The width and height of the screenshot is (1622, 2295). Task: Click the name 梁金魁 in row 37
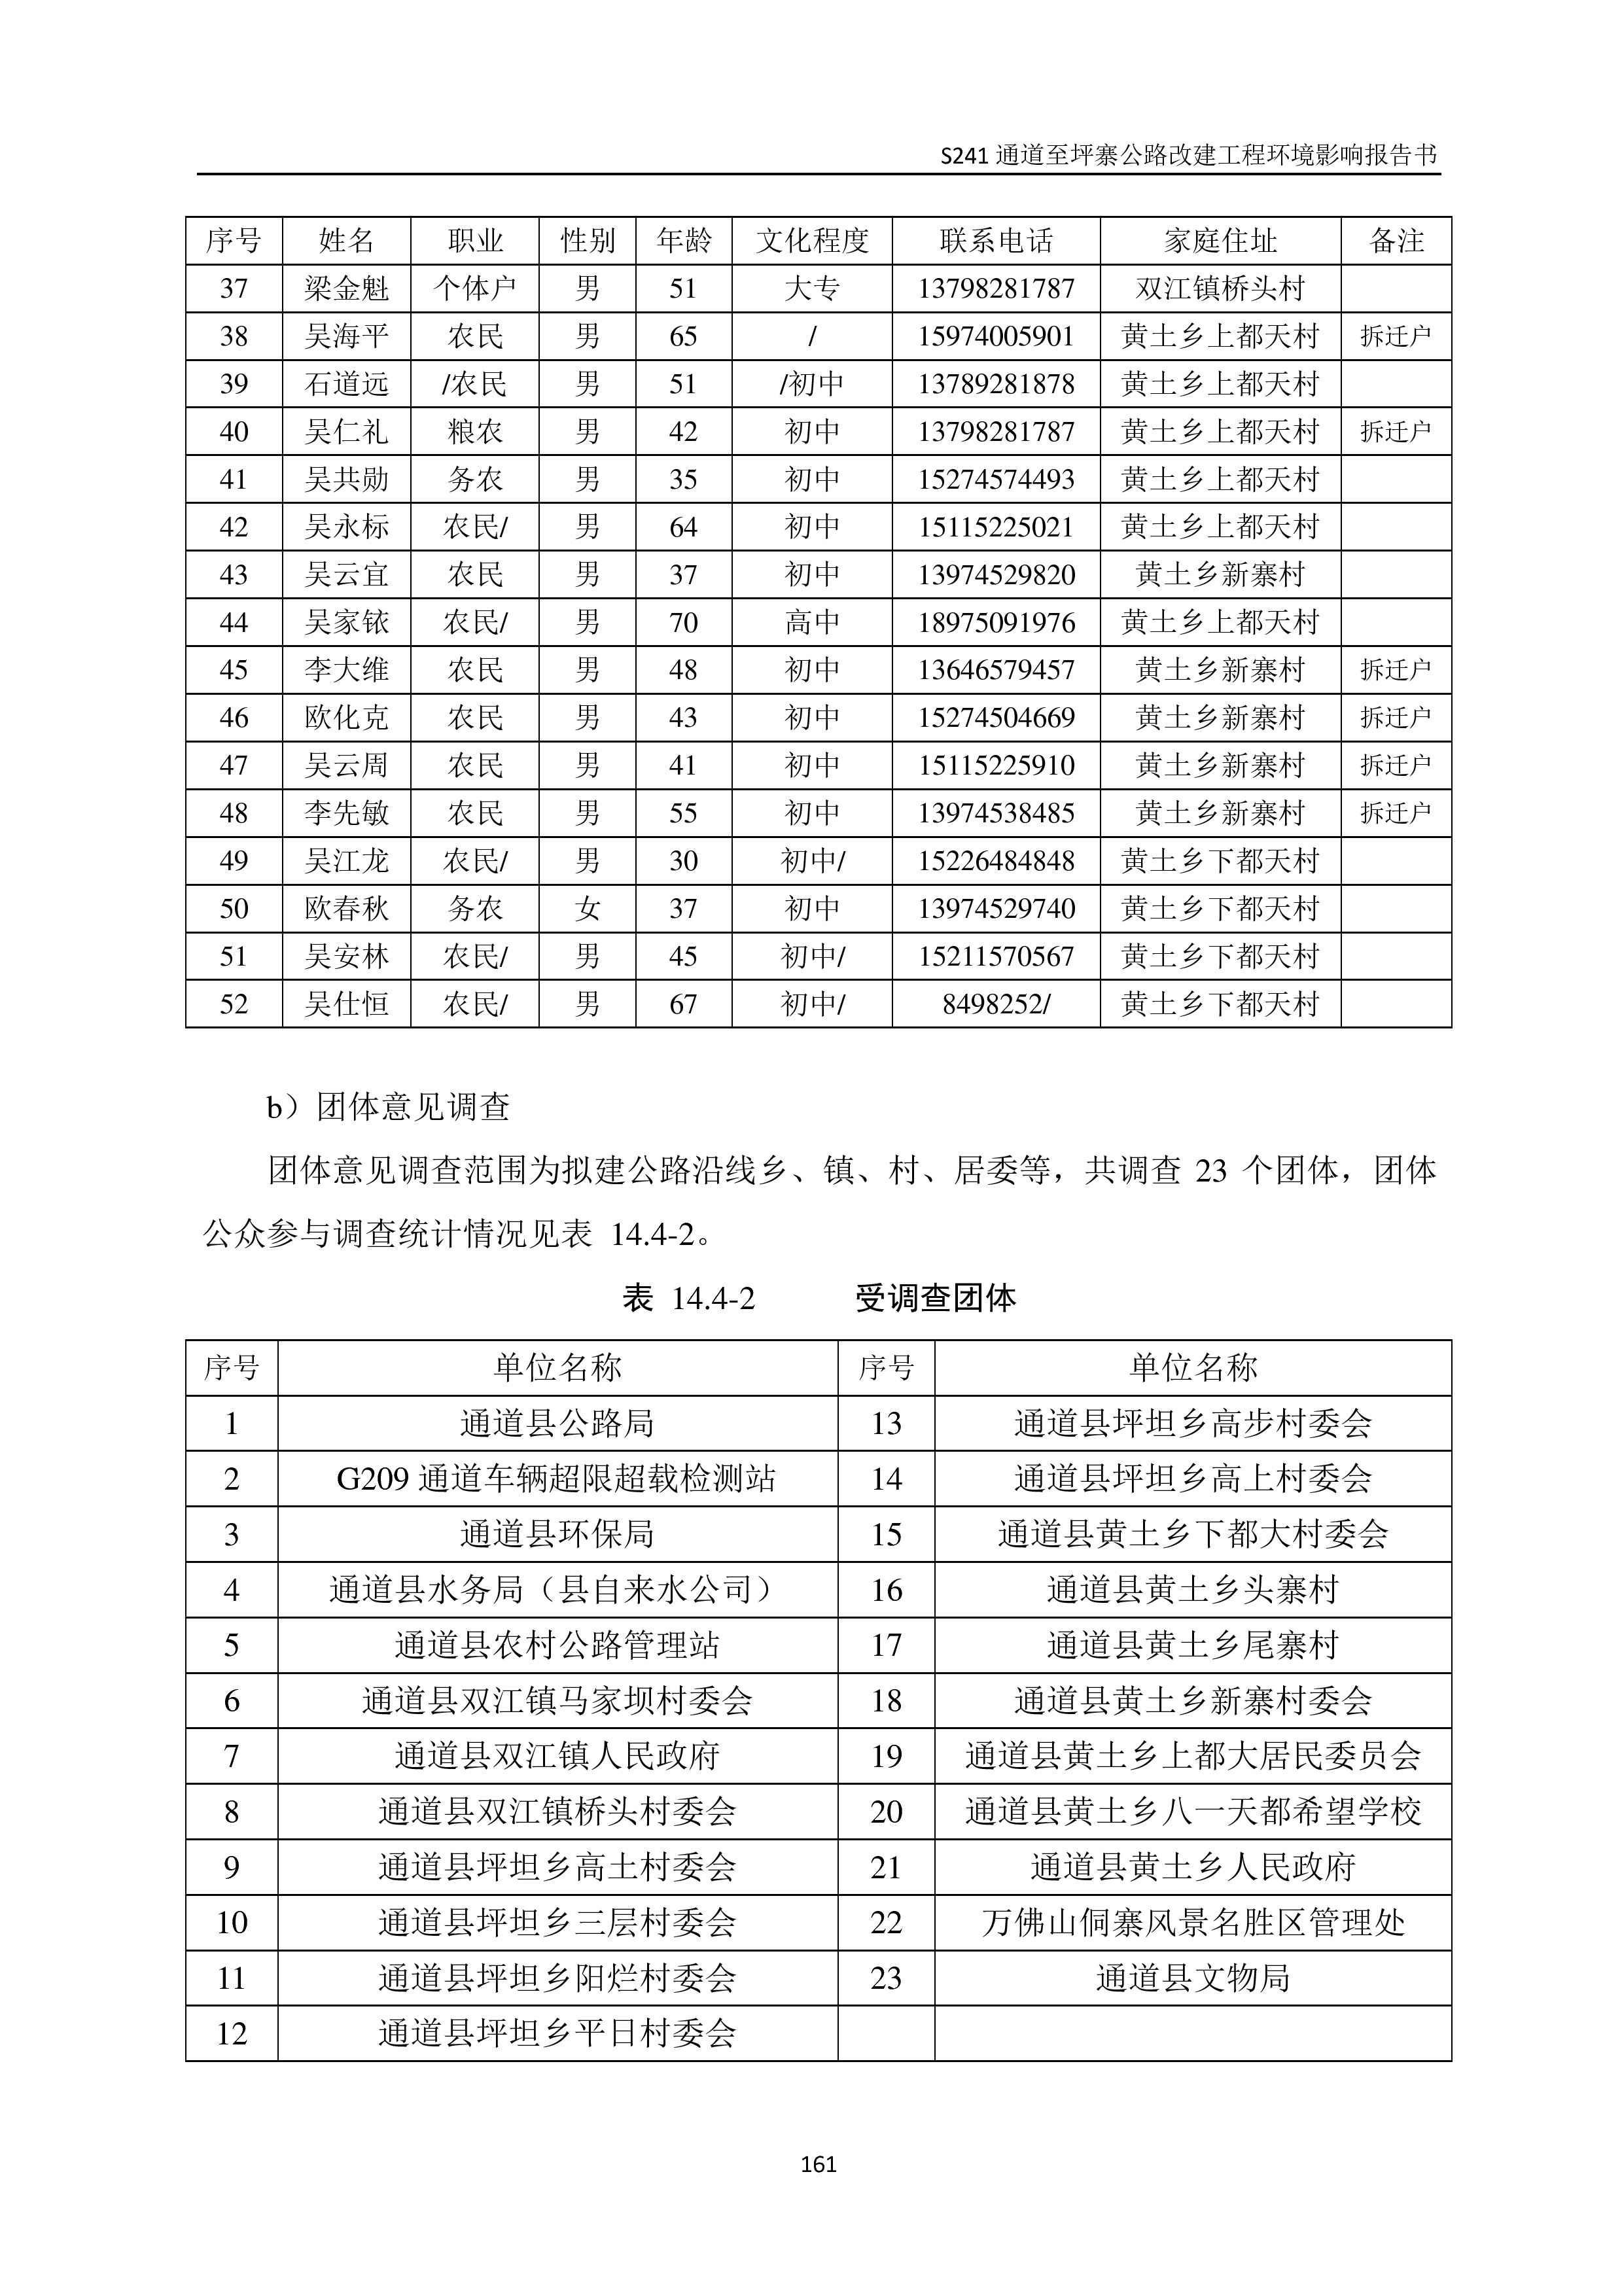click(x=345, y=289)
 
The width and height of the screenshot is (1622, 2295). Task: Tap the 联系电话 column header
click(x=995, y=241)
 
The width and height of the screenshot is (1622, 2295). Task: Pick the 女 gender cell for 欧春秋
click(x=587, y=909)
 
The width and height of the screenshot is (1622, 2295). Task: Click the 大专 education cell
click(x=811, y=289)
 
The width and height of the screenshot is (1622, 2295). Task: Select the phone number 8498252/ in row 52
click(x=995, y=1004)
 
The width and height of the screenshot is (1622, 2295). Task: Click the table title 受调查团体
click(x=936, y=1299)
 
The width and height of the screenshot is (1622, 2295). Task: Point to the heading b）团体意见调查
click(x=389, y=1106)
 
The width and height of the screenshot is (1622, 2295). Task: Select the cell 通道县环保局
click(x=557, y=1534)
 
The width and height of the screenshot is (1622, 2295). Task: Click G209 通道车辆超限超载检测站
click(x=557, y=1479)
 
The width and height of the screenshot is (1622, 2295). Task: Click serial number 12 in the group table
click(x=232, y=2033)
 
